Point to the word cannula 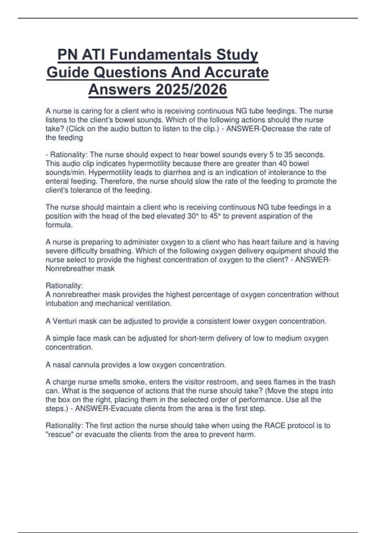click(x=87, y=365)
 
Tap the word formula click(x=59, y=225)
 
